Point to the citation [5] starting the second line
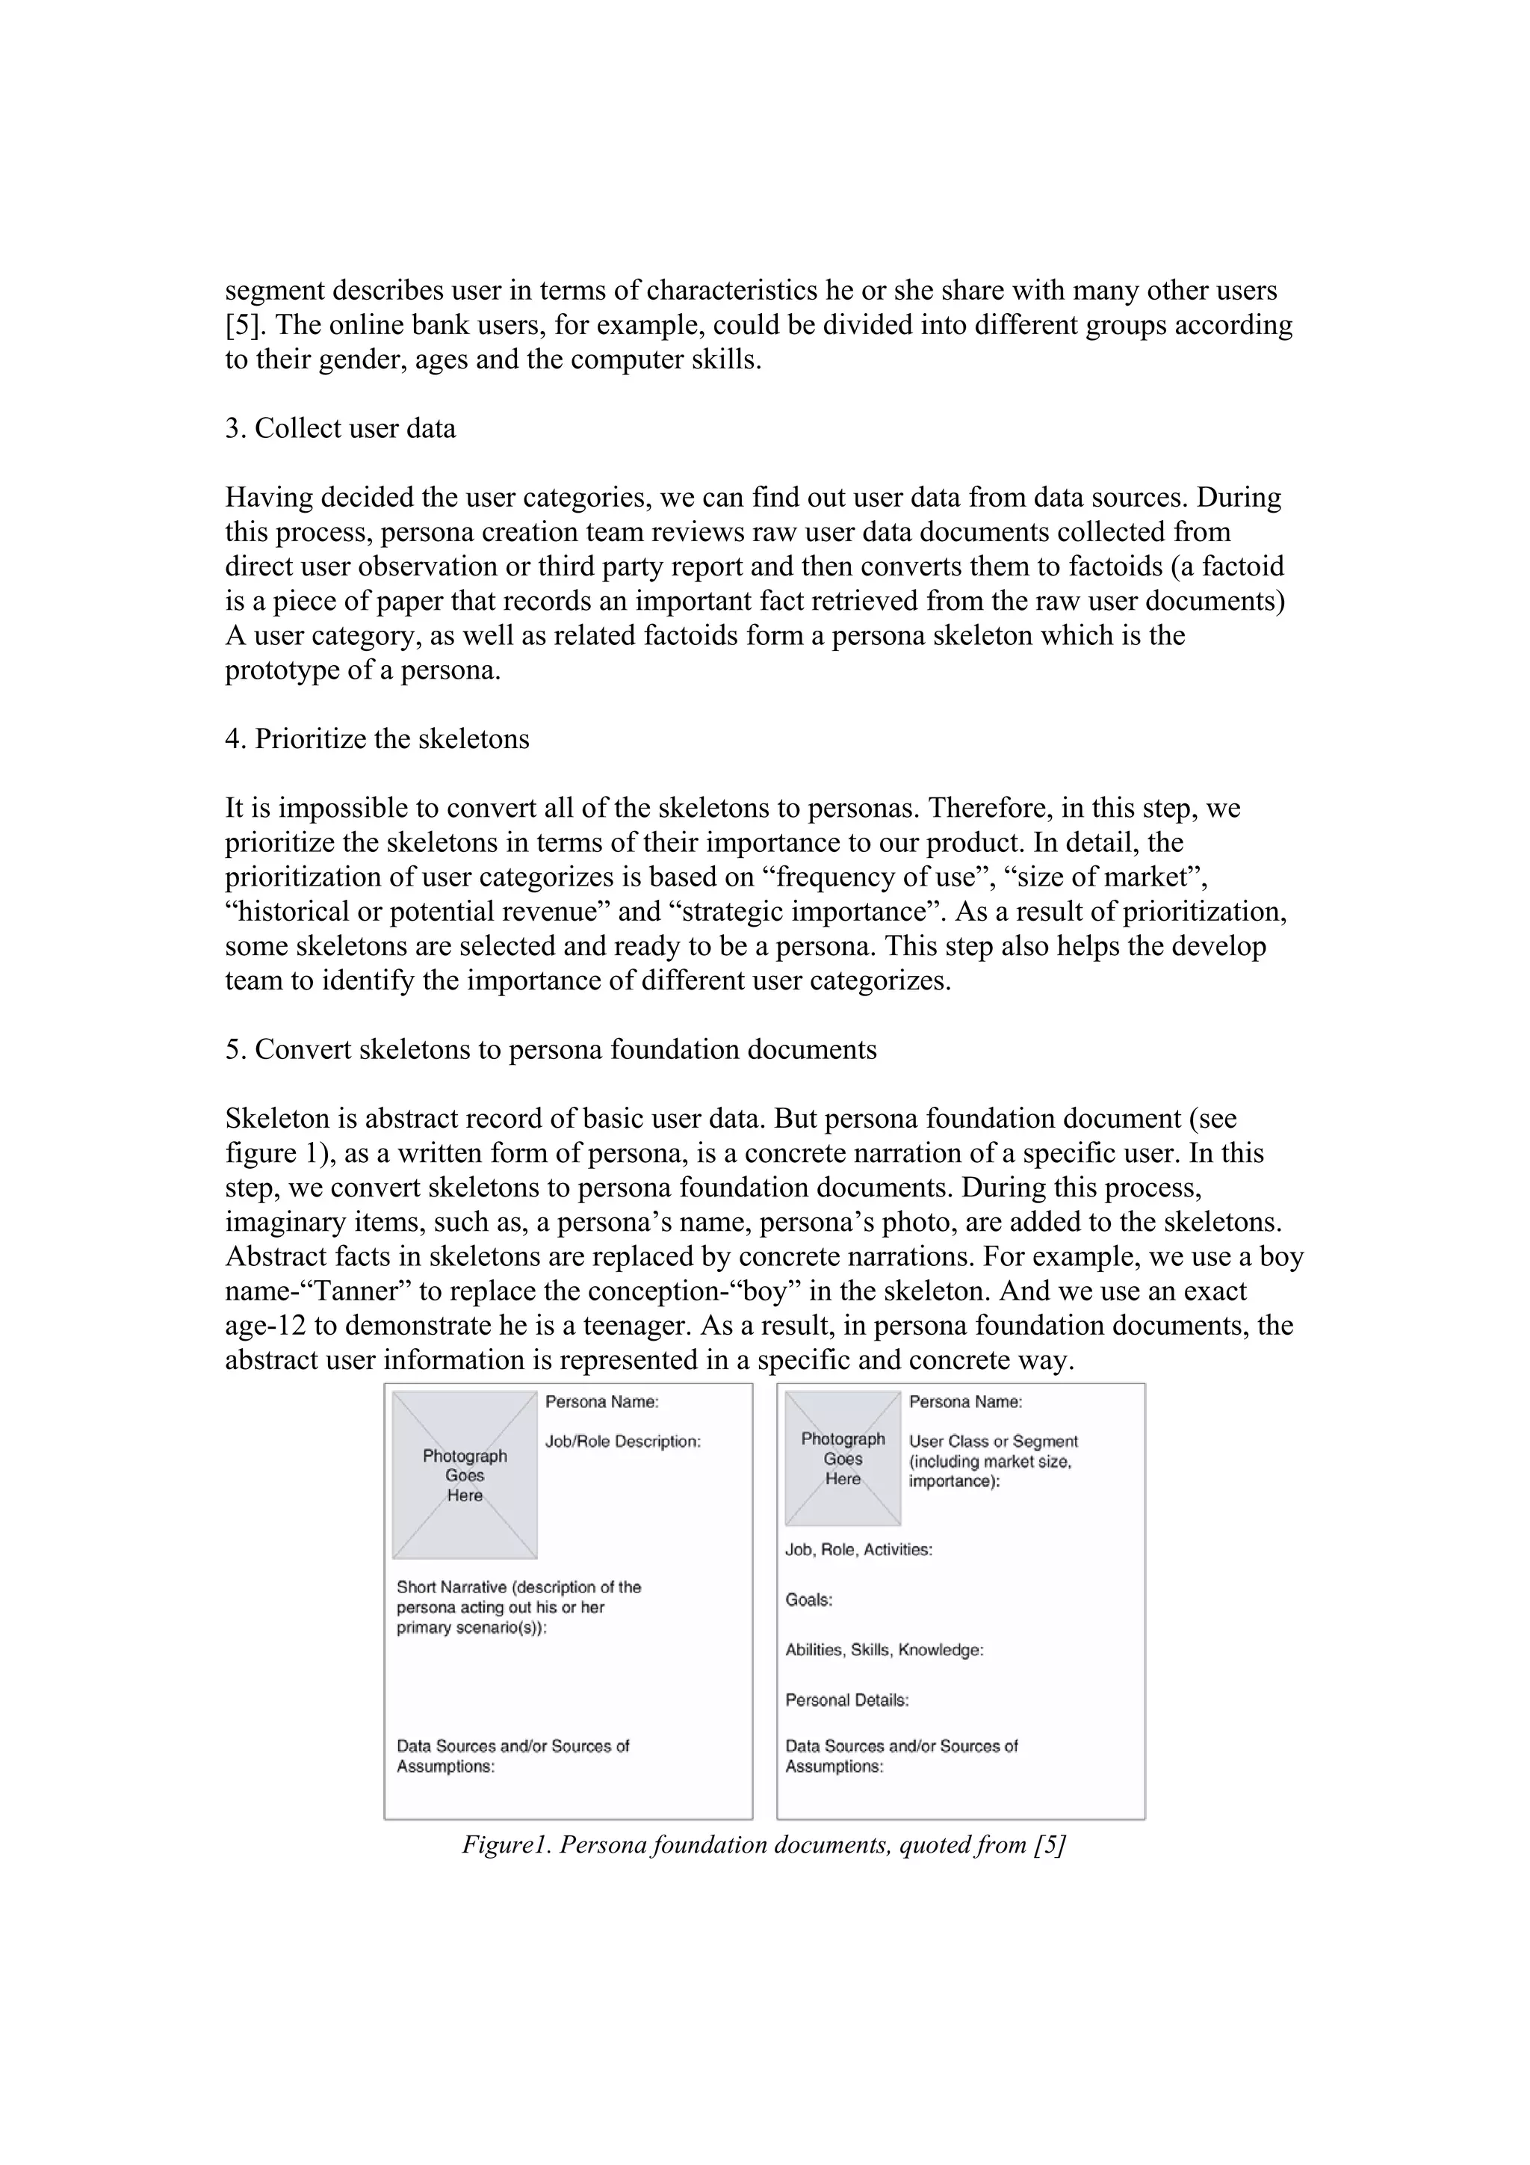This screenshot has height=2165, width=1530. coord(245,325)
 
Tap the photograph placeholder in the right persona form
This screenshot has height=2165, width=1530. coord(843,1459)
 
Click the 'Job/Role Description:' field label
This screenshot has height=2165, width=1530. coord(622,1442)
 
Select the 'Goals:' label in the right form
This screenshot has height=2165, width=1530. coord(809,1600)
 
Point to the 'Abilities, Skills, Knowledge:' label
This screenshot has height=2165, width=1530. coord(885,1650)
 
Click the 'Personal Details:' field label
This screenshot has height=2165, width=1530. coord(846,1700)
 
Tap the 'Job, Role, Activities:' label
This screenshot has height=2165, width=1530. coord(859,1549)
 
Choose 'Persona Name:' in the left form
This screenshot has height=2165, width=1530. coord(601,1402)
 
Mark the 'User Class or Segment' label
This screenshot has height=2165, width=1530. coord(993,1442)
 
